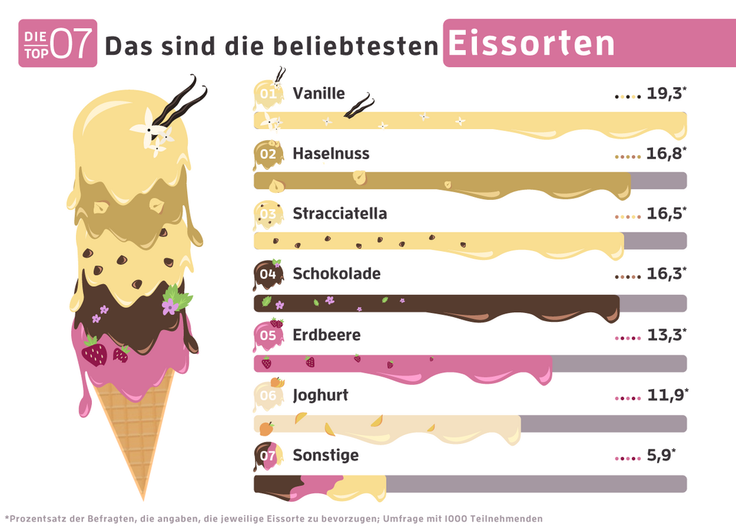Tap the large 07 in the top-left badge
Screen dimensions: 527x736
click(71, 44)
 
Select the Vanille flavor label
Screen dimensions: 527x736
click(319, 93)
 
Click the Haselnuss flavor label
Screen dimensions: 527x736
click(331, 154)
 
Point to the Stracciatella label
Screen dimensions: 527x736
click(340, 213)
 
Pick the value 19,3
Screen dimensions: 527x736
click(664, 94)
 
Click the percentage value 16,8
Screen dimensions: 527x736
click(664, 154)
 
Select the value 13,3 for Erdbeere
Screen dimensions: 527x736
click(664, 335)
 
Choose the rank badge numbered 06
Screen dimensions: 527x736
click(267, 396)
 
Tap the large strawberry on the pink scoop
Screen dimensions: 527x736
click(95, 353)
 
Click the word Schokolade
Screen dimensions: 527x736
click(336, 274)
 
